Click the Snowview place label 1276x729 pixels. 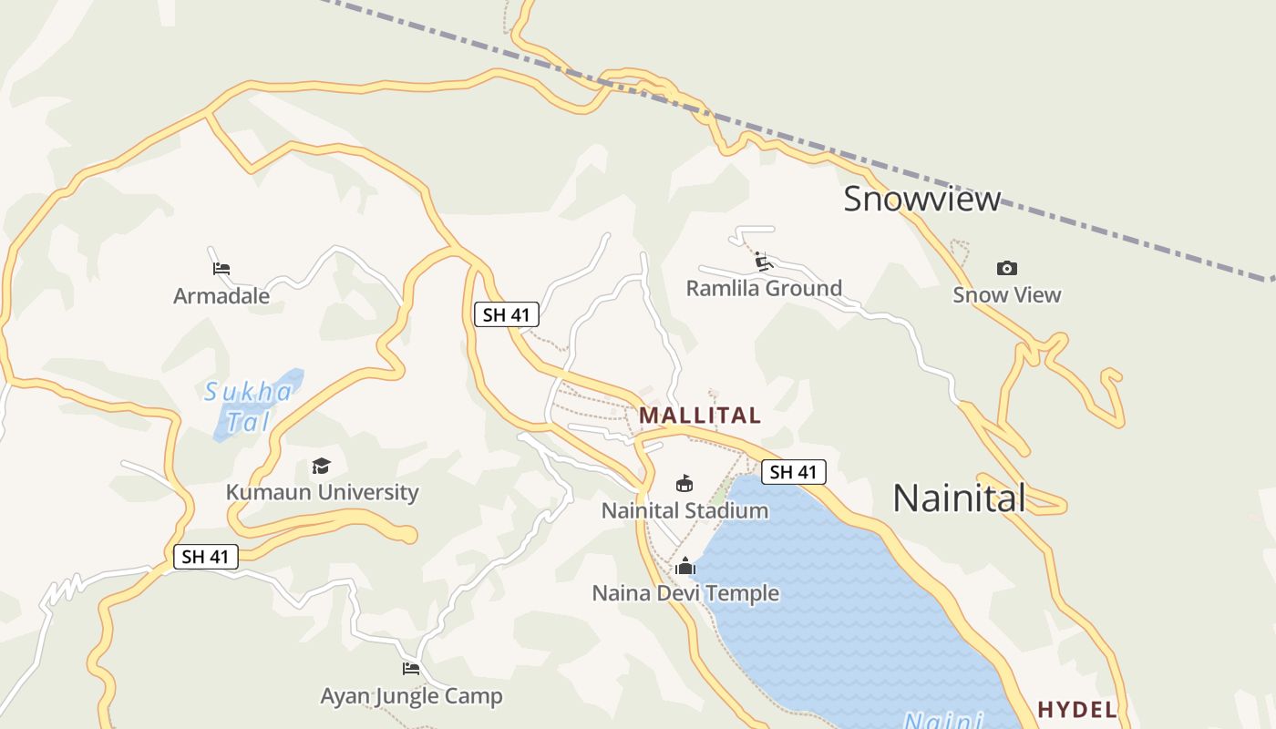[x=921, y=199]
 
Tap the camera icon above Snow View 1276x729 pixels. [x=1006, y=268]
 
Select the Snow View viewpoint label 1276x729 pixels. [x=1006, y=294]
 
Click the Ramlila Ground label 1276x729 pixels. [x=764, y=289]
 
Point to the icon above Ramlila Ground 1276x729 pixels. [x=764, y=262]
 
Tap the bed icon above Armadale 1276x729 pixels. [x=221, y=269]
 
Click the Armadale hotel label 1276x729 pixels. [x=221, y=296]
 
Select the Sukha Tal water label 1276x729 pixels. [x=248, y=406]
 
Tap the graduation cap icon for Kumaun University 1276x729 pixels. [x=321, y=467]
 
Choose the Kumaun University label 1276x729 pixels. [x=322, y=492]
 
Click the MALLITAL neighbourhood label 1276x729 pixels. [x=699, y=416]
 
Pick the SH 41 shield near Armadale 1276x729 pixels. [x=507, y=315]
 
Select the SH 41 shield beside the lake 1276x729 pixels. [x=793, y=472]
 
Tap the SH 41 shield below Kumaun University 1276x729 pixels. [x=206, y=557]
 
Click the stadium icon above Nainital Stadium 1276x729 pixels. [x=684, y=483]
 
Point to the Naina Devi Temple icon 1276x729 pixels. [x=685, y=567]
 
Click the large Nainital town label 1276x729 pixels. [x=959, y=498]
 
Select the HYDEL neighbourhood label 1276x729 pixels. [x=1077, y=710]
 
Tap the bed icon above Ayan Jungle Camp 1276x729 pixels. [x=411, y=669]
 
